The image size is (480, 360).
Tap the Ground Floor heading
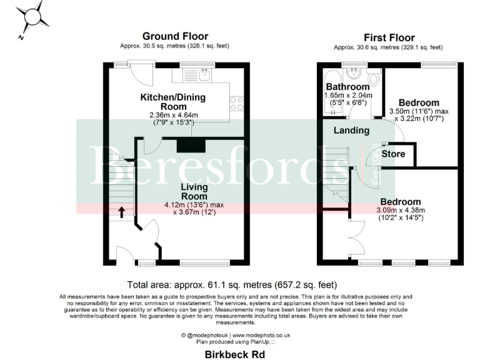(x=175, y=36)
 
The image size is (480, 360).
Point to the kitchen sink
(x=204, y=76)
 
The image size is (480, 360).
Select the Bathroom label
(x=347, y=87)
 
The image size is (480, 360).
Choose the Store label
(x=393, y=154)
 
